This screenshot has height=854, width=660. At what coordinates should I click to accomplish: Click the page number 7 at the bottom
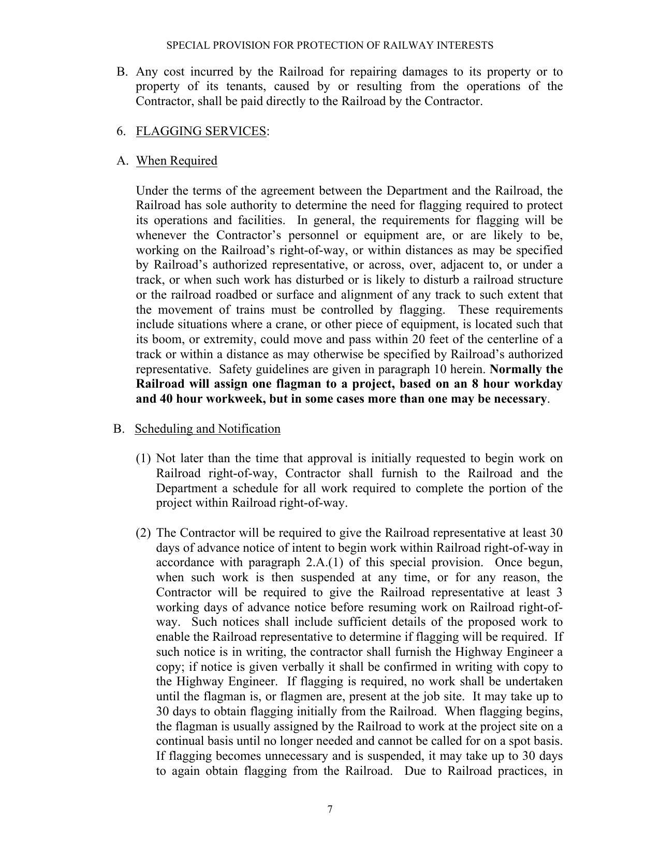330,809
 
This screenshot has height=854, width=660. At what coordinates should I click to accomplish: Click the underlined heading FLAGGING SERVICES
201,131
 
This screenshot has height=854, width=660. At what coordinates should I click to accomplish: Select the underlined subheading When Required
177,161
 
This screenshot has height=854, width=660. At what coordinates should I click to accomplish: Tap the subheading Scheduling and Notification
208,429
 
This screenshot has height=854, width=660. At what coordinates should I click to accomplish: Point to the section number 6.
121,131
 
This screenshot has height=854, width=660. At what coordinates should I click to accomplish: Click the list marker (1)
143,459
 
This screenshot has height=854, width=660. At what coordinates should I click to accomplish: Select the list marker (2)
143,533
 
